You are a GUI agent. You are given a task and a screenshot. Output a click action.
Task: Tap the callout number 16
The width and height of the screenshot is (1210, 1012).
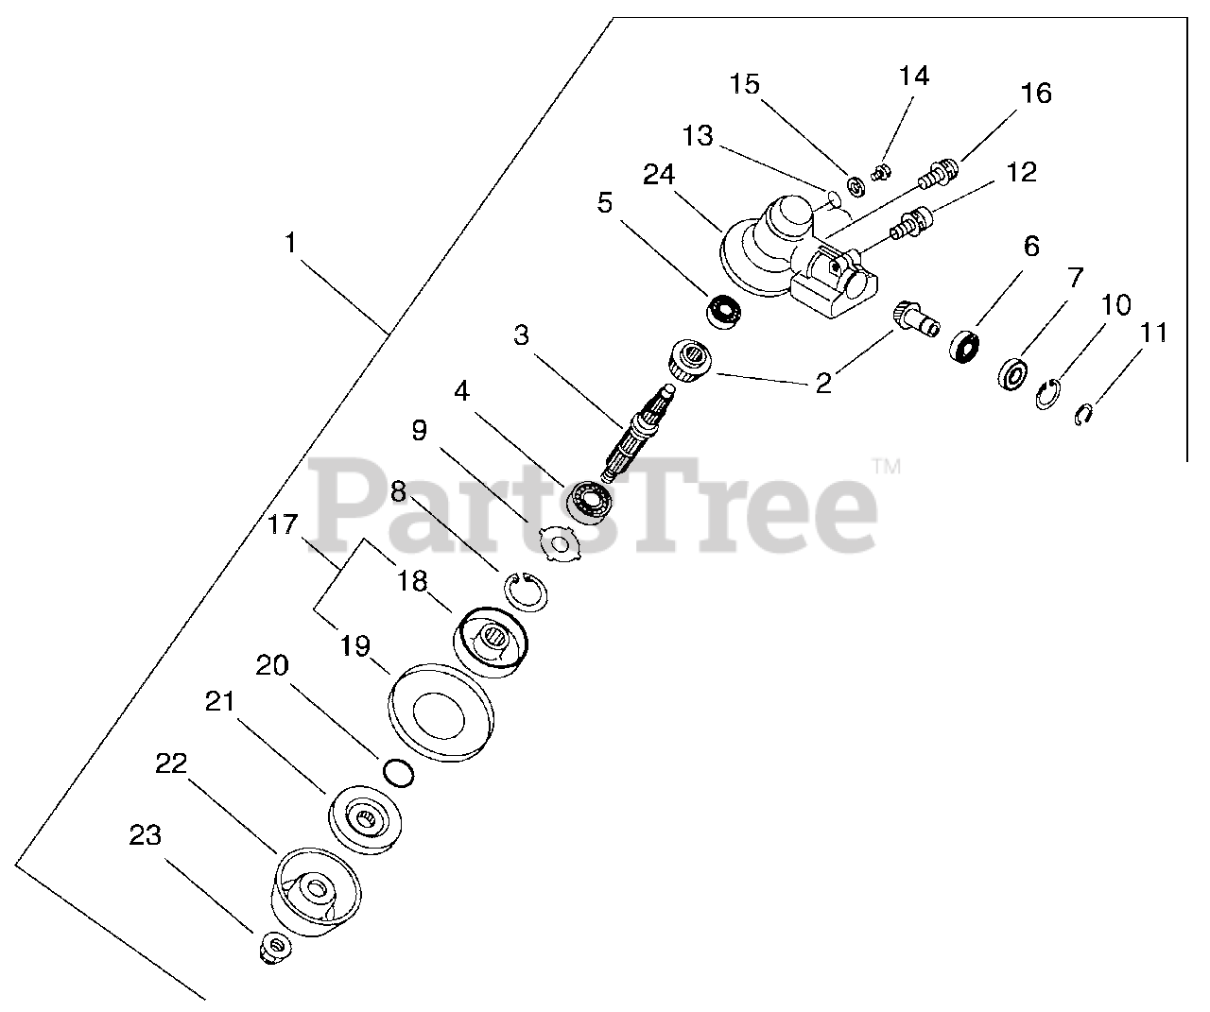pyautogui.click(x=1035, y=94)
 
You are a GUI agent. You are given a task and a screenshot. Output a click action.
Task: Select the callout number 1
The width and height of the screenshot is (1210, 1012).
pyautogui.click(x=290, y=244)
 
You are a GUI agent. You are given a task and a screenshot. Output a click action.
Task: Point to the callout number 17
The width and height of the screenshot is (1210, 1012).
pyautogui.click(x=283, y=525)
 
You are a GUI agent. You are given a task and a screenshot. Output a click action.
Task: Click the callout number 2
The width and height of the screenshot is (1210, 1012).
pyautogui.click(x=823, y=383)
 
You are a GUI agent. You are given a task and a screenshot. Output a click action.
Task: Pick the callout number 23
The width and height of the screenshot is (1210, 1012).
pyautogui.click(x=146, y=835)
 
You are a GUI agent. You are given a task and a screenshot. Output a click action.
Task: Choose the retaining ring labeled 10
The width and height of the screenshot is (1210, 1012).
pyautogui.click(x=1048, y=394)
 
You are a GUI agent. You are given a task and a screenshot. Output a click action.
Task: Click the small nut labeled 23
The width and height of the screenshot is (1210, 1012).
pyautogui.click(x=273, y=948)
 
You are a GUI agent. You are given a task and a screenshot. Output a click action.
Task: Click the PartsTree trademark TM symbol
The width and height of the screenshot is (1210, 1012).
pyautogui.click(x=885, y=466)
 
